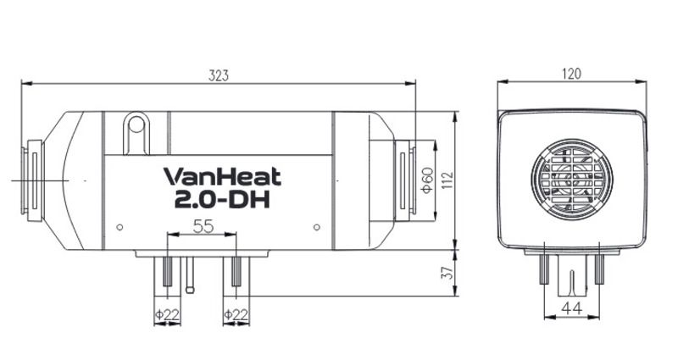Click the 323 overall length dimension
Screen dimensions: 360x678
pos(219,75)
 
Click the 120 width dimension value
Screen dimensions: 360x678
pos(571,74)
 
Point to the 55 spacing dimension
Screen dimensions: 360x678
pos(203,226)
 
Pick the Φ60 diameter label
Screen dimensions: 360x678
pos(428,179)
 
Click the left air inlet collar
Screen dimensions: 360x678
pos(34,180)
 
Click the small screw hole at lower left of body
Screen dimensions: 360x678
pos(119,226)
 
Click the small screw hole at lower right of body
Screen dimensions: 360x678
pos(316,226)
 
